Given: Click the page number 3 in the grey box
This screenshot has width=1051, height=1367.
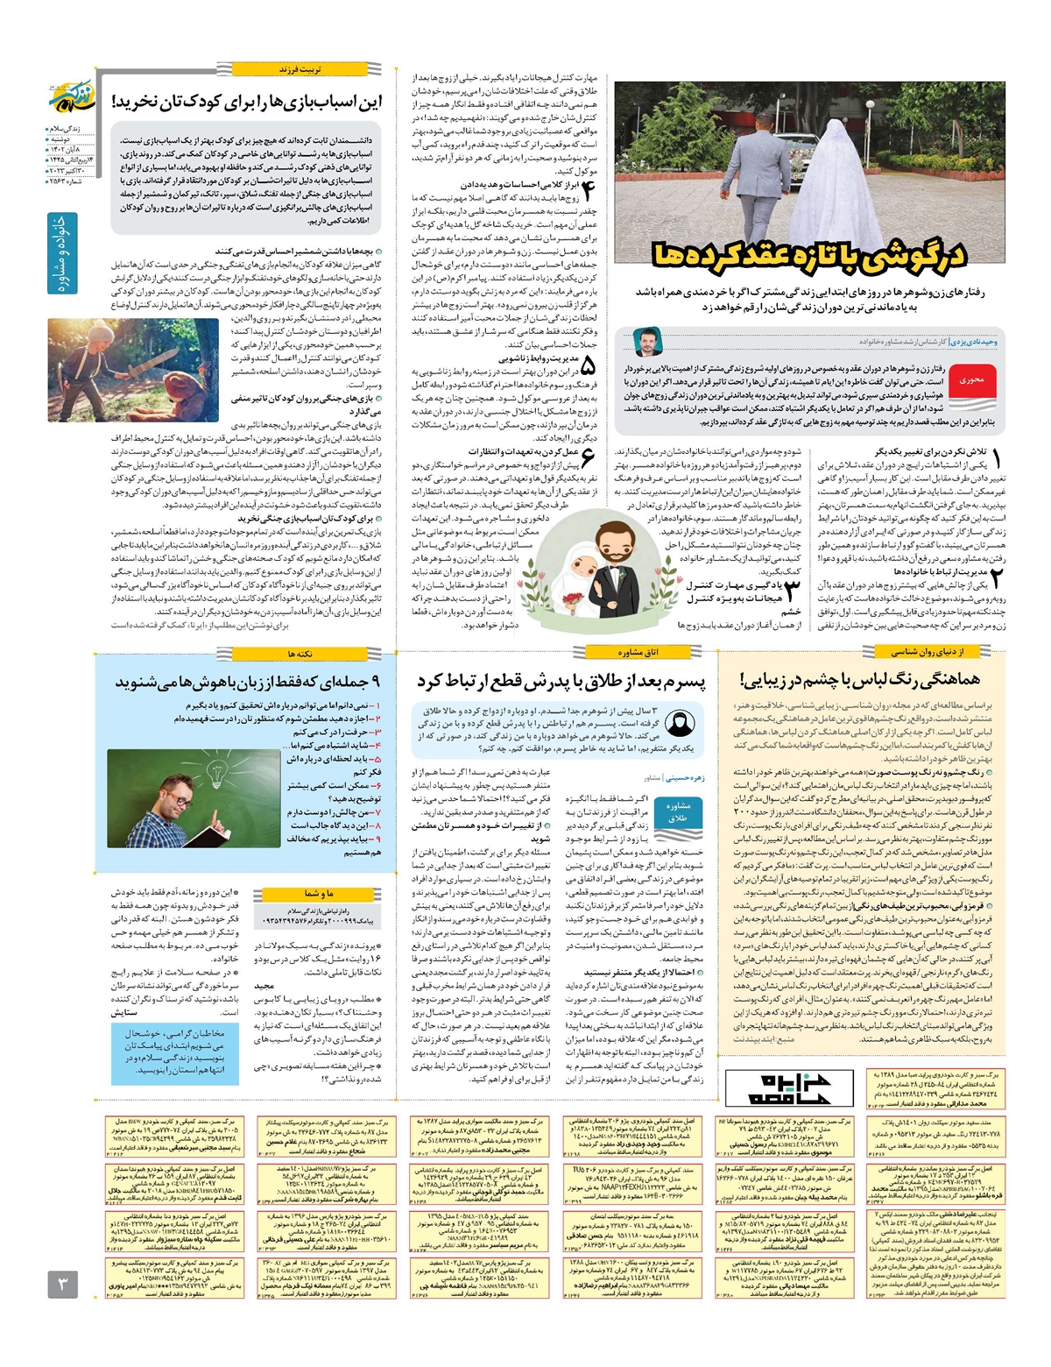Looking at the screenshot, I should [x=63, y=1285].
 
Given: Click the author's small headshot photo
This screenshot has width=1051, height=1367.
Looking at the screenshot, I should [x=647, y=341].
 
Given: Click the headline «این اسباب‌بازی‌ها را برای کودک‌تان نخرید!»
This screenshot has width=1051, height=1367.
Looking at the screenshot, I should [x=247, y=102].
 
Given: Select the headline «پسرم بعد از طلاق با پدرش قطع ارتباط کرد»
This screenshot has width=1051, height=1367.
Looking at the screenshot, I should [x=561, y=682].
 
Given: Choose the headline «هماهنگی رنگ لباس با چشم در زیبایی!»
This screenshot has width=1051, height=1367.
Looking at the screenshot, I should [x=859, y=679].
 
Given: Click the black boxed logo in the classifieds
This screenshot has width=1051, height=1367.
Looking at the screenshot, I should [x=788, y=1087].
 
